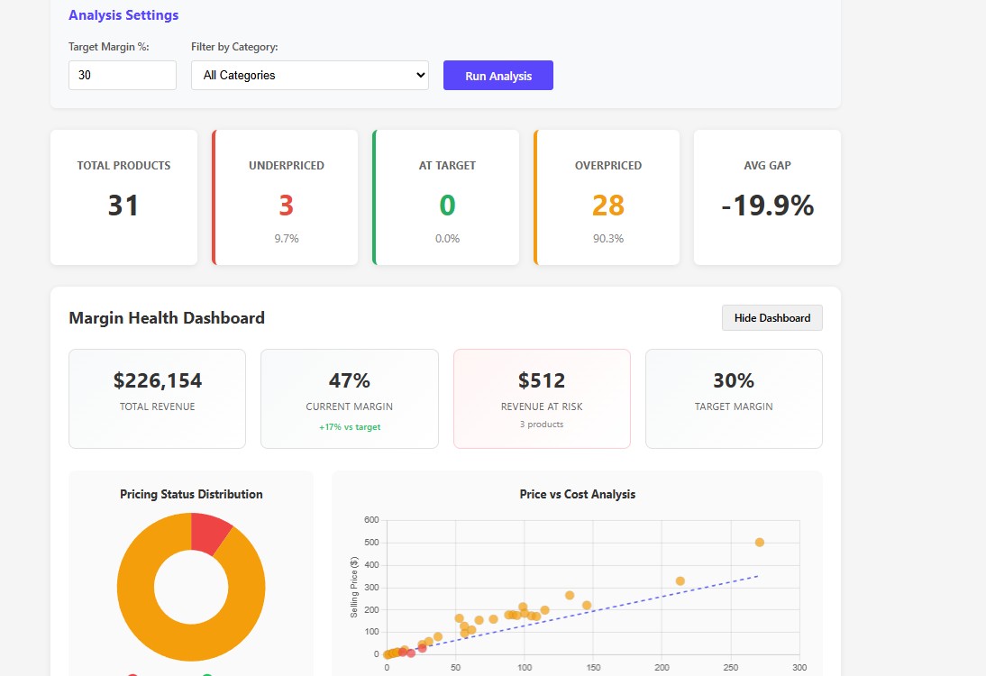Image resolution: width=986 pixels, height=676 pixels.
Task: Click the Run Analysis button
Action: pos(498,76)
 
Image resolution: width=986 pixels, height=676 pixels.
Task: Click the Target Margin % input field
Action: pos(122,76)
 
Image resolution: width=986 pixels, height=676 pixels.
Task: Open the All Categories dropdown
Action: pos(309,76)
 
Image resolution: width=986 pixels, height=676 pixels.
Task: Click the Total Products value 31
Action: pos(123,206)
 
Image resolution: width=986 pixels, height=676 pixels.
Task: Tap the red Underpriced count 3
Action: pos(286,206)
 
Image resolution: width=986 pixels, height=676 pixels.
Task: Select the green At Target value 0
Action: pos(447,206)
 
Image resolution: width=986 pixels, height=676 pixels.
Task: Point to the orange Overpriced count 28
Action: pos(607,206)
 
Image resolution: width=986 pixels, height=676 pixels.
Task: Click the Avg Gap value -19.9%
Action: pos(767,206)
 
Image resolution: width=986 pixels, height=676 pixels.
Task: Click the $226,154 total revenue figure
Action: pos(158,380)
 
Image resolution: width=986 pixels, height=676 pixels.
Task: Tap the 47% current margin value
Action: pos(349,380)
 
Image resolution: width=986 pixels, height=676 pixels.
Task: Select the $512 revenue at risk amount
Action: pos(541,380)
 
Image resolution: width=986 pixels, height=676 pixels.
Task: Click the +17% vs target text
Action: pos(349,427)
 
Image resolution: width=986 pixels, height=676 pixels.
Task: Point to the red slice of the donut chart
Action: pos(209,533)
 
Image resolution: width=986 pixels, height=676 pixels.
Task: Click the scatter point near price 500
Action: pos(759,543)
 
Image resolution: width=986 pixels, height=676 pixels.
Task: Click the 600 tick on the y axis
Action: pos(371,520)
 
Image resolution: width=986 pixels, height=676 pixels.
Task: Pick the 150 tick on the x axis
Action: pos(593,668)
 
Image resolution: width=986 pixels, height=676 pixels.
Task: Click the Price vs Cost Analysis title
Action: pos(577,494)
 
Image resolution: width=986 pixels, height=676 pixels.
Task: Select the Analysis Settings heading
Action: pos(123,15)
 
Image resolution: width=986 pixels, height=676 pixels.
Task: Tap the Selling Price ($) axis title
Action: pos(354,587)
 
